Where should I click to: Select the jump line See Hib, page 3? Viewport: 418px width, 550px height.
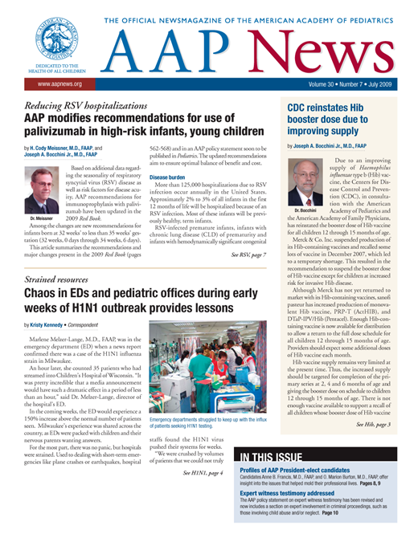(375, 424)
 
